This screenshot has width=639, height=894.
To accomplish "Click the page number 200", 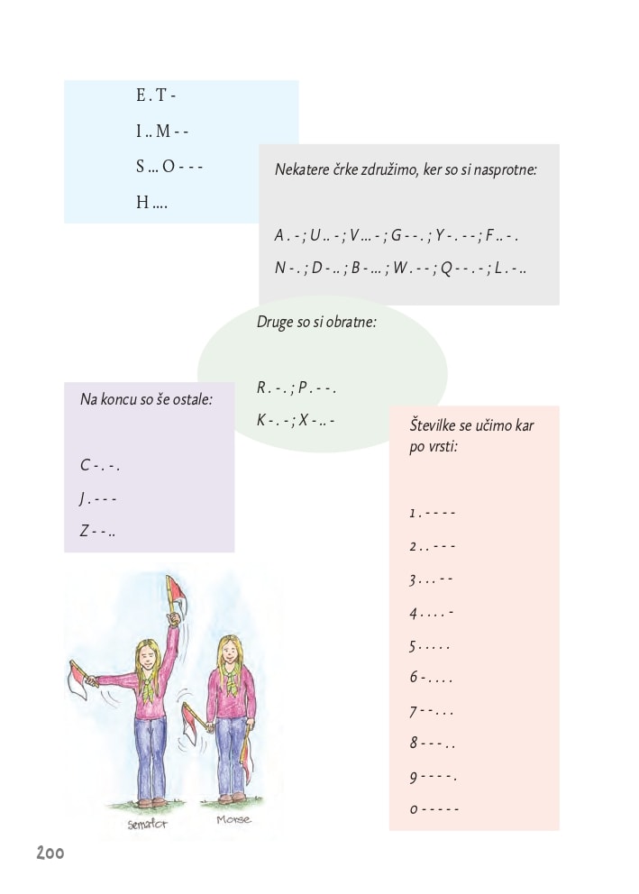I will point(50,853).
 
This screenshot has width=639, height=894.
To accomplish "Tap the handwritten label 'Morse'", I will point(233,820).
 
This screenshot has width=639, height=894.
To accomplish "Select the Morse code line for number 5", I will point(430,646).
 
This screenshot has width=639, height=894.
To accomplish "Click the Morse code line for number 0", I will point(434,809).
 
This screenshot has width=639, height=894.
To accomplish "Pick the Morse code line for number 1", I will point(433,513).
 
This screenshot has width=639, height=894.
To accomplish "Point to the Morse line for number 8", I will point(433,743).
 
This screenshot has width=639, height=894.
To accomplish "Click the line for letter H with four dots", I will point(152,203).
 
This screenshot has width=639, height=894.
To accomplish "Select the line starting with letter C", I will point(100,466).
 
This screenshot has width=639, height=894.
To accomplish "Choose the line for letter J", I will point(98,498).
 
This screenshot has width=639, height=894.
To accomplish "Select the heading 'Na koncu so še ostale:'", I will point(146,397).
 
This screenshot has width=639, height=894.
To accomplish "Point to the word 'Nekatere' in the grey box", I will point(302,169).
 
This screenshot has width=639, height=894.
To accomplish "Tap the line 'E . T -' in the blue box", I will point(156,96).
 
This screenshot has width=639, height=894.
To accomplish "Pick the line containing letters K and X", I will point(296,420).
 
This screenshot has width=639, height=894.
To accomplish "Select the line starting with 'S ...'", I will point(169,167).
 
